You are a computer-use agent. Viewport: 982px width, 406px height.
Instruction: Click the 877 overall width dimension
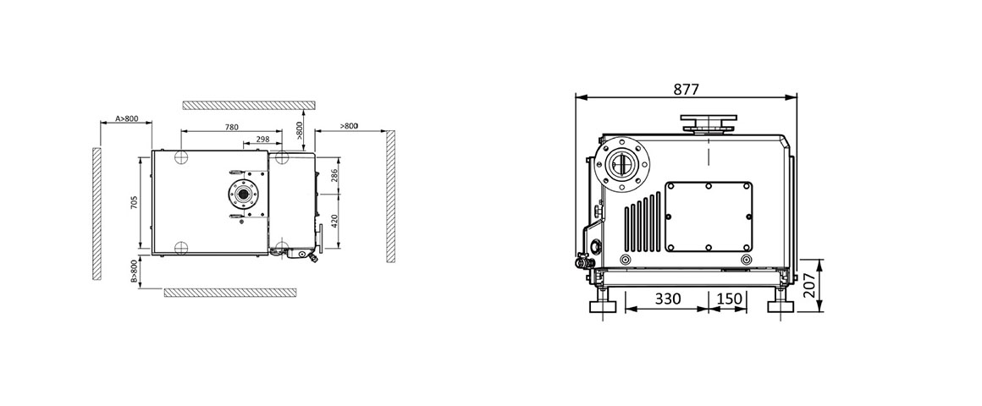(687, 87)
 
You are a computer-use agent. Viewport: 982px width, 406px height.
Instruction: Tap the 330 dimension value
(667, 299)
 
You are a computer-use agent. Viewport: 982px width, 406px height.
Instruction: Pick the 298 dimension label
(262, 139)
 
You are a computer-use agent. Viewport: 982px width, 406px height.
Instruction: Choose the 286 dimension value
(334, 176)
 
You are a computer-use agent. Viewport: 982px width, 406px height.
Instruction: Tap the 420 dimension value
(334, 222)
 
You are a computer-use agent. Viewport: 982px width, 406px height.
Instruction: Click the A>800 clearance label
(126, 119)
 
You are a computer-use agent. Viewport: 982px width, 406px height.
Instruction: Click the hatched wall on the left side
(97, 216)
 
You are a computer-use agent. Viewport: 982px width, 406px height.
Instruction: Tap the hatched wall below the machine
(229, 292)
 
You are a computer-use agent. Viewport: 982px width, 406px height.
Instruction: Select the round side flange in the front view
(621, 163)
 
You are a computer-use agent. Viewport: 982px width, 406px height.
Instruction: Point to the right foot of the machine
(778, 305)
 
